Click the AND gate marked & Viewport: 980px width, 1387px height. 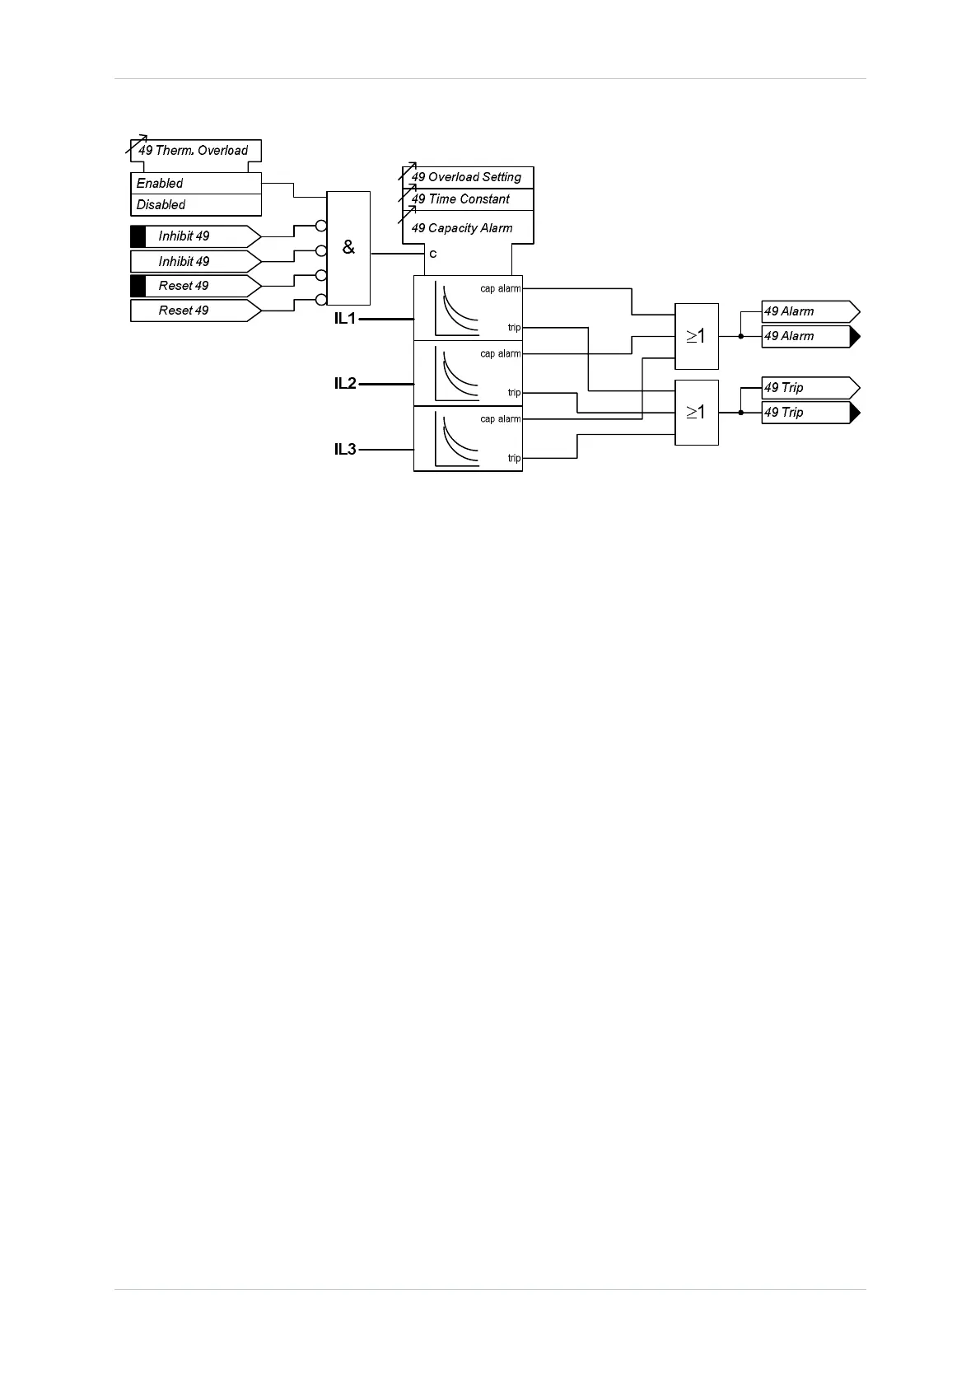[x=348, y=248]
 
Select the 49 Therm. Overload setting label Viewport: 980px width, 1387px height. [x=194, y=151]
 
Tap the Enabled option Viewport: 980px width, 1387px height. [x=160, y=184]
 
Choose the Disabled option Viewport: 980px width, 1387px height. [x=161, y=205]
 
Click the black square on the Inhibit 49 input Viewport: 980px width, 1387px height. [x=138, y=236]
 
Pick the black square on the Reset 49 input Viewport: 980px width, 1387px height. [x=138, y=286]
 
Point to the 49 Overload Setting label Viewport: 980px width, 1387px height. [x=466, y=177]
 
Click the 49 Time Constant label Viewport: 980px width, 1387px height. [x=460, y=199]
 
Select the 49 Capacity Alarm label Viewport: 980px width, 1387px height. [x=462, y=228]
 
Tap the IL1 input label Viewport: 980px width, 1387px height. [x=345, y=319]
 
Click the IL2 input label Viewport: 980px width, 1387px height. [x=345, y=384]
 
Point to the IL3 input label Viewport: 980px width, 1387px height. [x=345, y=450]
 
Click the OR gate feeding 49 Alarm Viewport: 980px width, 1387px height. [x=697, y=336]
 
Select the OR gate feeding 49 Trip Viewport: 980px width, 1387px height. [x=697, y=413]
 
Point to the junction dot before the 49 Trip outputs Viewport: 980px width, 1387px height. [x=741, y=413]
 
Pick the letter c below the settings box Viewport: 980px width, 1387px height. [x=433, y=255]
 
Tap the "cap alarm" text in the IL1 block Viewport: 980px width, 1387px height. [x=501, y=288]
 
